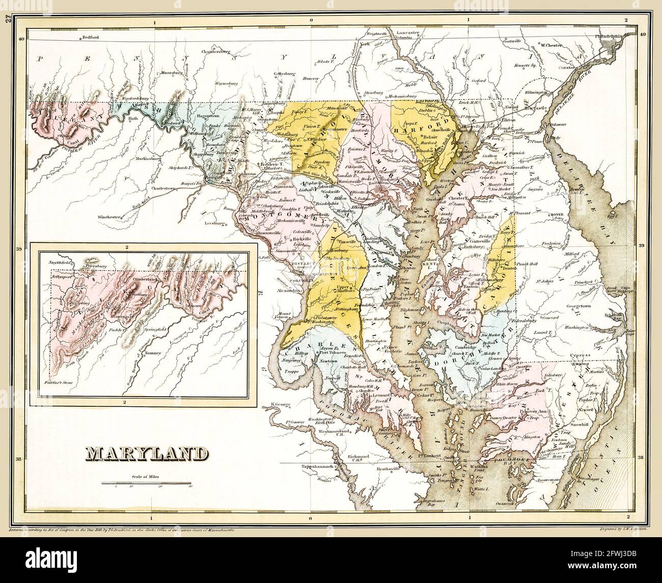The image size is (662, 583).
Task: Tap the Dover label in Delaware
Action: [x=555, y=215]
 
